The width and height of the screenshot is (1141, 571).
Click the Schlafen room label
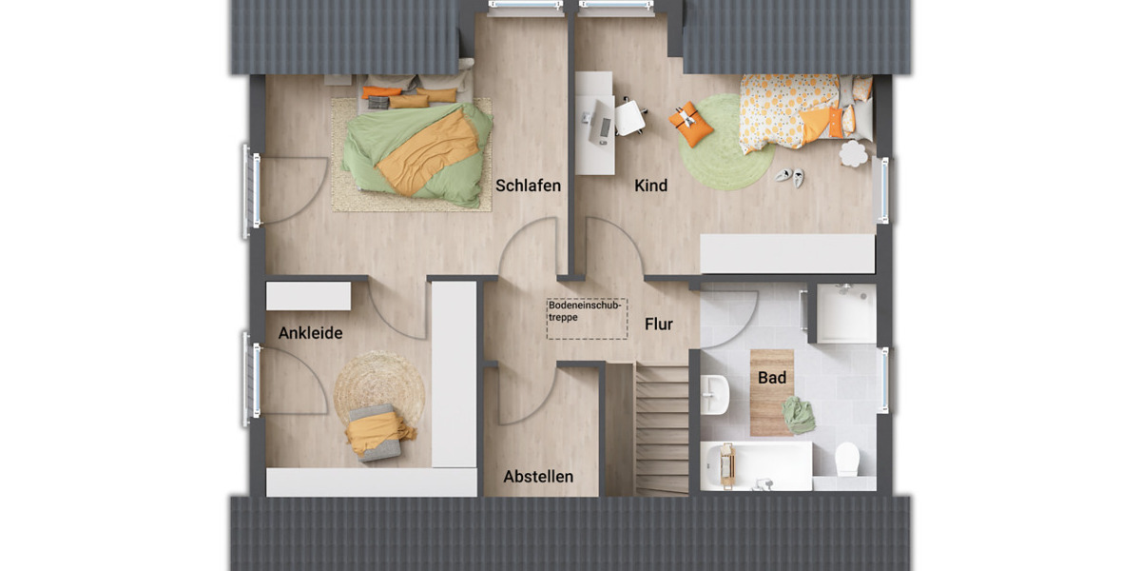(x=528, y=186)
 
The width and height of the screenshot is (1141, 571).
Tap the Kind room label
(x=651, y=186)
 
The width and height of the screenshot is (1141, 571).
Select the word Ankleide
(x=310, y=333)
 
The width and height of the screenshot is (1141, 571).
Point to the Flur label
(x=659, y=324)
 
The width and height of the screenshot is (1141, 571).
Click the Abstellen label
(x=538, y=476)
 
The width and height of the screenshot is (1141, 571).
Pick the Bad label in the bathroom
(x=772, y=378)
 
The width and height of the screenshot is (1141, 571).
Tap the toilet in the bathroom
(x=846, y=460)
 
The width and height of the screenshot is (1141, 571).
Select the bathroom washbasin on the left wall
(x=715, y=392)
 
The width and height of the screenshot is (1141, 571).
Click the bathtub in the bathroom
(x=756, y=465)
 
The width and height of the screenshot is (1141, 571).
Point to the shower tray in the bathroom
(x=846, y=313)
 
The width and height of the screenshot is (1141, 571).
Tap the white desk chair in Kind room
(x=630, y=117)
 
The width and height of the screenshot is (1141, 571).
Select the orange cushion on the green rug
(x=691, y=125)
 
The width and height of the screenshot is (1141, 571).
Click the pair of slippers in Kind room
(x=790, y=175)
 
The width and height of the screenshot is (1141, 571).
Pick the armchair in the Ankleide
(x=376, y=433)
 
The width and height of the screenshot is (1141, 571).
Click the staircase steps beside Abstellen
(x=661, y=428)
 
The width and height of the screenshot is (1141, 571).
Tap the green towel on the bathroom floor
(x=799, y=415)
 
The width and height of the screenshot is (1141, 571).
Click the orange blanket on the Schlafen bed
(x=428, y=152)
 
